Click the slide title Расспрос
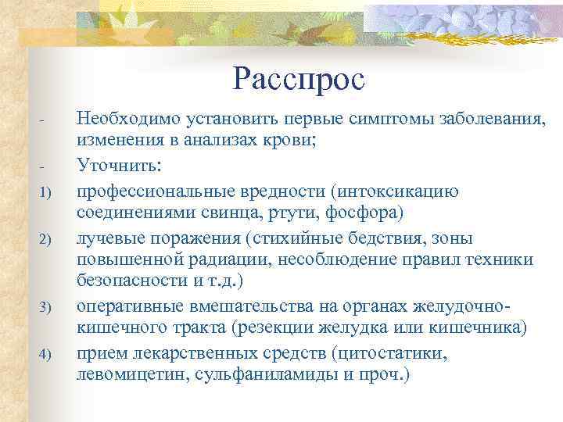point(299,77)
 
